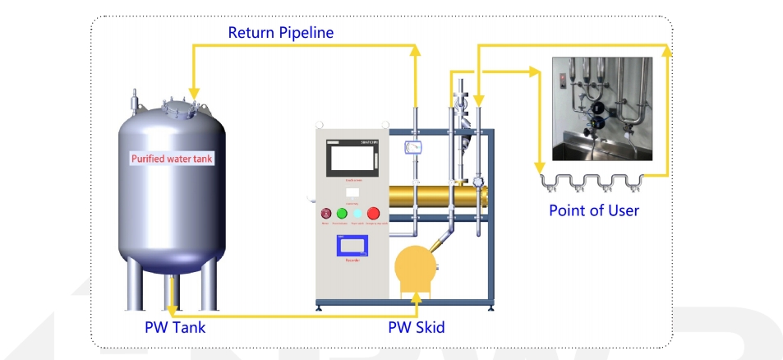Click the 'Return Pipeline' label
pos(280,33)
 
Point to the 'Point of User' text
pos(593,210)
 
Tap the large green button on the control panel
pos(342,214)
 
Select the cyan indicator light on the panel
pos(357,214)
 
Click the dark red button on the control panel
pos(326,214)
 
